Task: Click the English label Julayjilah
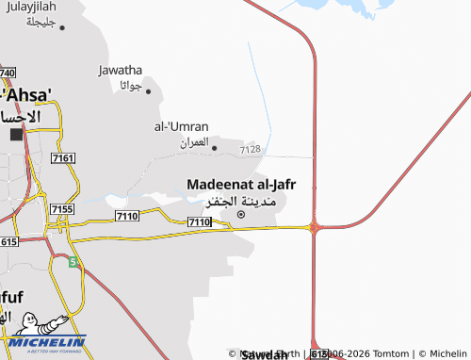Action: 29,7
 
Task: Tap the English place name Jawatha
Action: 120,69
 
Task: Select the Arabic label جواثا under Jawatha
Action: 130,86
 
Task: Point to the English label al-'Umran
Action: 181,125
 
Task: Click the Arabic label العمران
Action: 193,142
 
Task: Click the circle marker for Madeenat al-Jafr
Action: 240,215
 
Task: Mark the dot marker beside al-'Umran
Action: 215,147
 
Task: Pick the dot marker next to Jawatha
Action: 147,91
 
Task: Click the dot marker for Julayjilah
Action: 62,27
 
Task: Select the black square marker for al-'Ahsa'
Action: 16,135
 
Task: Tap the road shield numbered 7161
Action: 64,158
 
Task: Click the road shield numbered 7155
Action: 62,208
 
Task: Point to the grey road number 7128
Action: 250,149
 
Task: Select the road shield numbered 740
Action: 8,73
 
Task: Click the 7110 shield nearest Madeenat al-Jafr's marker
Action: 199,221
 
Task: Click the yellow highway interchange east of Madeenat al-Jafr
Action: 314,226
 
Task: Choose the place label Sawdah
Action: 265,355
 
